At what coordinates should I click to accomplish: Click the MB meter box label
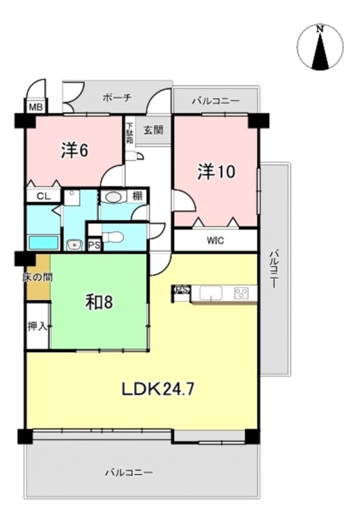point(36,107)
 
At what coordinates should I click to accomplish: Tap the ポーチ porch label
point(117,98)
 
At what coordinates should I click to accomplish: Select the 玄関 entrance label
point(153,130)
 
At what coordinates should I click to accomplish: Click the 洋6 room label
point(75,151)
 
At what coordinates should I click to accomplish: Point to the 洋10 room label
point(217,172)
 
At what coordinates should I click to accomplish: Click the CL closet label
point(43,196)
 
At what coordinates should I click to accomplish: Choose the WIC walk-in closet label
point(215,240)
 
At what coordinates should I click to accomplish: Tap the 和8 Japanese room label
point(100,302)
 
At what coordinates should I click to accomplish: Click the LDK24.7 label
point(157,388)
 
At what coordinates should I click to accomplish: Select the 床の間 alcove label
point(38,277)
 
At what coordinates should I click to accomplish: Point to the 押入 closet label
point(38,326)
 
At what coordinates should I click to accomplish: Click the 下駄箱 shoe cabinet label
point(129,133)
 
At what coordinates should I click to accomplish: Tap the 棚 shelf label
point(137,196)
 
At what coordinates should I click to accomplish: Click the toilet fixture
point(113,237)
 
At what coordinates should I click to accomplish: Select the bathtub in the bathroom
point(44,242)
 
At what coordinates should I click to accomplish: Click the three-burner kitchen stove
point(241,293)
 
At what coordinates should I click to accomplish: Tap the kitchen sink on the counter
point(211,294)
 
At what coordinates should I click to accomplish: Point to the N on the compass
point(320,29)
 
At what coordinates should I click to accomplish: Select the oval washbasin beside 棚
point(114,198)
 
